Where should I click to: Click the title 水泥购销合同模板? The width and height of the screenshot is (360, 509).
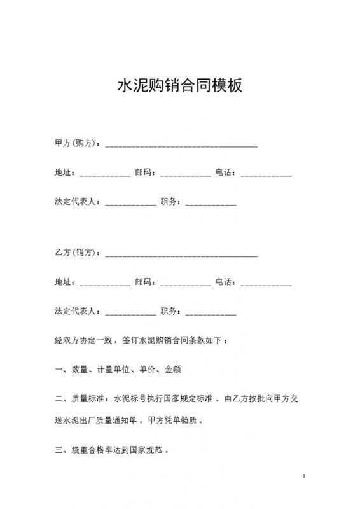[180, 86]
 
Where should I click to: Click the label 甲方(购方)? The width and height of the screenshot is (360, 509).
[77, 143]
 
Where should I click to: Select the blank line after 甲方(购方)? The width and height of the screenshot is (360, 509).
[181, 146]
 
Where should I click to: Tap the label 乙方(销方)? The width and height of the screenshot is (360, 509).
[77, 253]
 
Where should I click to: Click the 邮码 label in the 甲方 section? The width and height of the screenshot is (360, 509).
[144, 172]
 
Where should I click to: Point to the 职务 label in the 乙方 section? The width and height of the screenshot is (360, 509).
[171, 311]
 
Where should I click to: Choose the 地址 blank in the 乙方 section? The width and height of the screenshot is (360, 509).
[105, 284]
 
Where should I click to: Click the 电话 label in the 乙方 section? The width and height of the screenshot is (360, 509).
[225, 282]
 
